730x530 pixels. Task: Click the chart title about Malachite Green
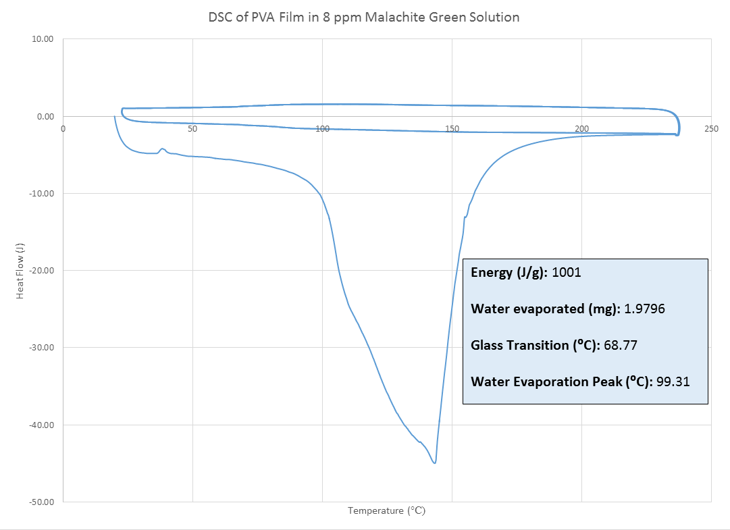click(364, 18)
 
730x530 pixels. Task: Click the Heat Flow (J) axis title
click(20, 270)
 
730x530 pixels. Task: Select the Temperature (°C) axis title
click(386, 511)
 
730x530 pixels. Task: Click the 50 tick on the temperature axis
click(192, 128)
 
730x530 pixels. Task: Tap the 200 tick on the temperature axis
click(581, 128)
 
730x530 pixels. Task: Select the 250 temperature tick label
click(711, 128)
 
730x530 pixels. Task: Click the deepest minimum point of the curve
click(434, 462)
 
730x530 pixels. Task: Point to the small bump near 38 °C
click(162, 149)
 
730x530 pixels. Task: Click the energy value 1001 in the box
click(567, 273)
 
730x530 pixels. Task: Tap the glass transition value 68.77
click(621, 346)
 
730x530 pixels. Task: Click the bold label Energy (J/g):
click(509, 273)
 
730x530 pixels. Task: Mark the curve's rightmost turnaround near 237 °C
click(679, 125)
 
